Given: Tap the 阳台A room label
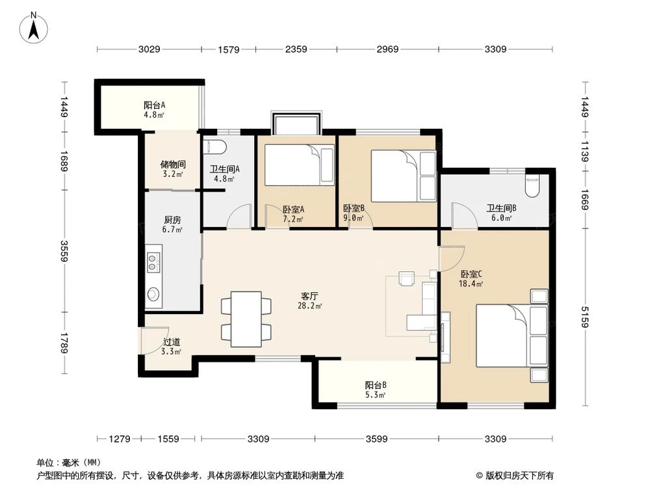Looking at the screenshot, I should (x=154, y=109).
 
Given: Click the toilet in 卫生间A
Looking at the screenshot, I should (x=214, y=146).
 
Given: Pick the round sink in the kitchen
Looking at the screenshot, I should (x=153, y=294).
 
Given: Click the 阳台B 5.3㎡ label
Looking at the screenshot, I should (x=376, y=389).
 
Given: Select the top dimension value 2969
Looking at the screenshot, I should (x=388, y=49).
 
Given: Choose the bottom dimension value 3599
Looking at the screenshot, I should (x=376, y=439).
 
